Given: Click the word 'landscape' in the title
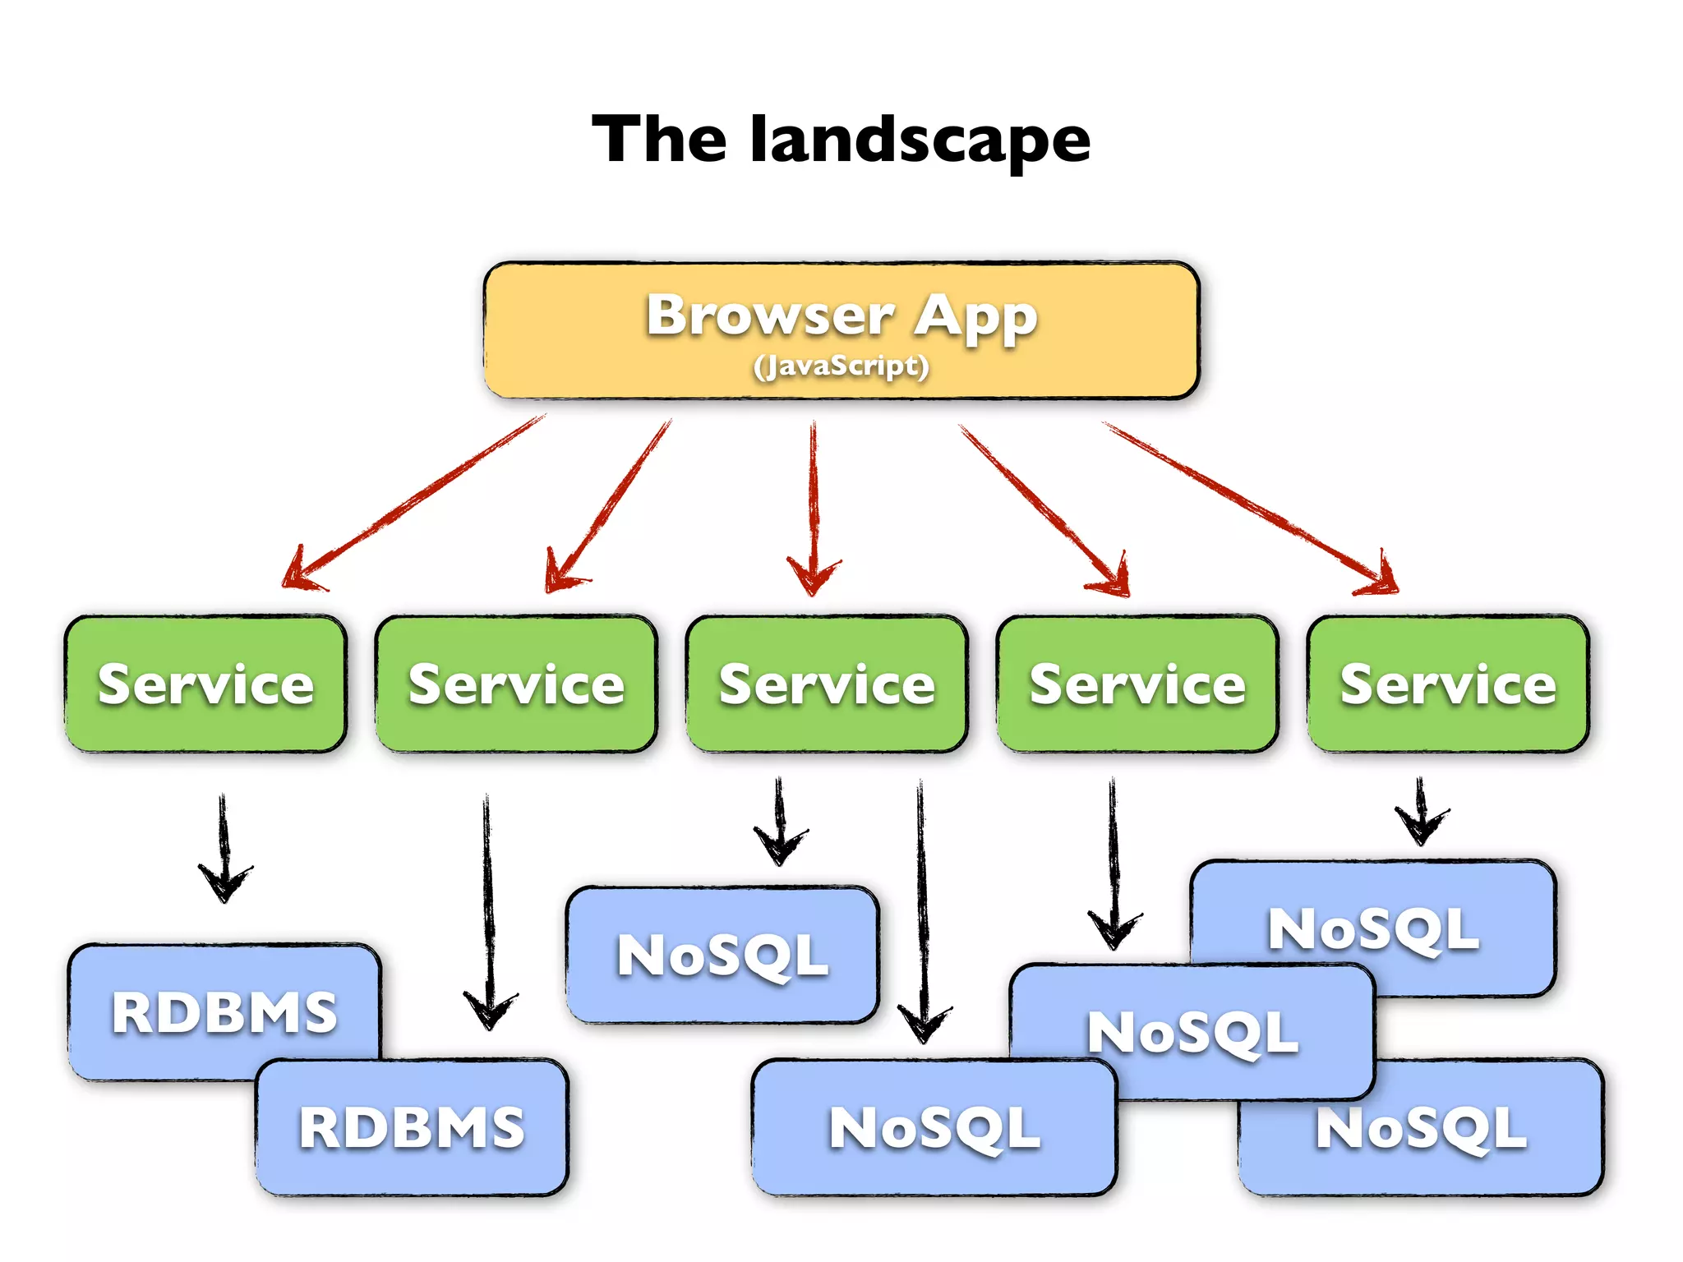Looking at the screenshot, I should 920,140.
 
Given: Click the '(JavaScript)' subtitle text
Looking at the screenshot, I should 841,366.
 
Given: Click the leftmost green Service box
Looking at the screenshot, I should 205,684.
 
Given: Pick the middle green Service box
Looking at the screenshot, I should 827,684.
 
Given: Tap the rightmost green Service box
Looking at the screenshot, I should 1448,684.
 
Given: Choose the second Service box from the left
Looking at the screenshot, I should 516,684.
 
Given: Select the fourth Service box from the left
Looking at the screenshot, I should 1137,684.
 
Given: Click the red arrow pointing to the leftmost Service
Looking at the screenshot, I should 411,501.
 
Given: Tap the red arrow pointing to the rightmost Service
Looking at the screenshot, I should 1249,505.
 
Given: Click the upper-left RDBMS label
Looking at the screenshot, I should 224,1012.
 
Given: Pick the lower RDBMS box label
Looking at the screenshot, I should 411,1127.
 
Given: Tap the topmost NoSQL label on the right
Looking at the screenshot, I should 1372,930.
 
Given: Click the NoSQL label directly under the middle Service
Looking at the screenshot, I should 722,956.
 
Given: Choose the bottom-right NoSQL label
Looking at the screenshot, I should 1422,1129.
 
